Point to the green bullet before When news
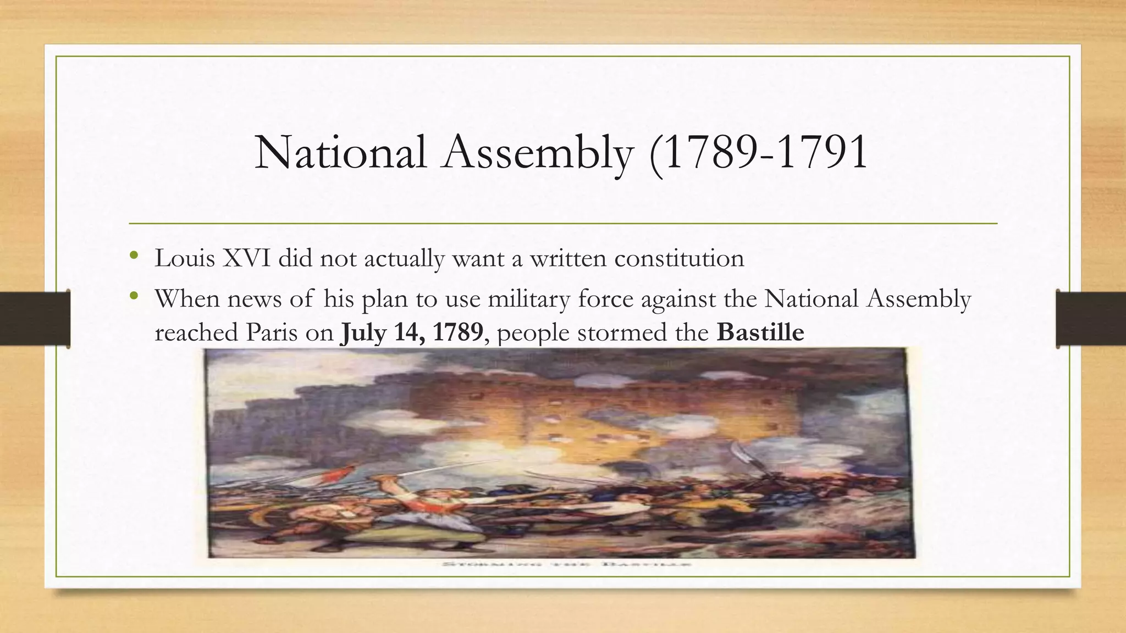133,297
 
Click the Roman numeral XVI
246,258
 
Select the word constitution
679,258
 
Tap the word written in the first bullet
568,258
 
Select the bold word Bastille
760,332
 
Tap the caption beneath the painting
566,564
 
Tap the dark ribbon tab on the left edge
35,319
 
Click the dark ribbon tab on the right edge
1091,319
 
